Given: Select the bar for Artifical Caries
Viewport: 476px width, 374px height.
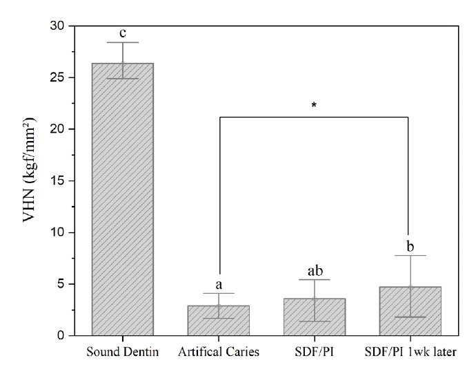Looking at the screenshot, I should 220,321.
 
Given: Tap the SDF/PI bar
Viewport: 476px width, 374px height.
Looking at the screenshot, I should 315,317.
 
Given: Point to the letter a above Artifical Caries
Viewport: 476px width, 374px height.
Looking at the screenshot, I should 220,284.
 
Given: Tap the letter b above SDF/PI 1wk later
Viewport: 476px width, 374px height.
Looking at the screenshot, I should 410,245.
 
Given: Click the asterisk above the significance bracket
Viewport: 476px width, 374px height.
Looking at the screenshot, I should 315,106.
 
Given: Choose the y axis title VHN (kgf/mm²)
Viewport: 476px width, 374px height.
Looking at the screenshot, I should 26,180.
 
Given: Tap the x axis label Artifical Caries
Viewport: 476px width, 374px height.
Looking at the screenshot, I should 220,352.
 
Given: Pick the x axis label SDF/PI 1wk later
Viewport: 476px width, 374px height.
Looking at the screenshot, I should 410,352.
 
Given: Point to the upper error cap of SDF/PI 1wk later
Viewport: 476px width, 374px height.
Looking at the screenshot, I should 410,256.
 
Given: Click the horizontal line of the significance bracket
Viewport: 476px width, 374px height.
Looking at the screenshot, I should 315,117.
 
